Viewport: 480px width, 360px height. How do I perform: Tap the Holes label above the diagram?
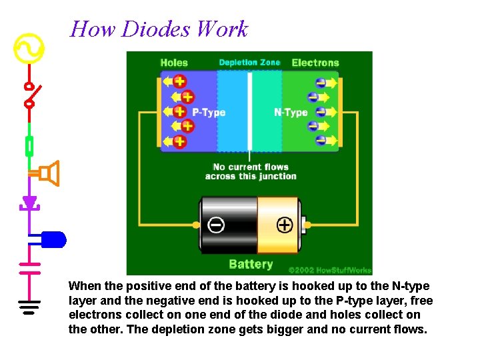174,63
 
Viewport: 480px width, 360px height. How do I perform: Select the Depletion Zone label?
250,63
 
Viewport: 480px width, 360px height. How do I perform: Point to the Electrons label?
315,63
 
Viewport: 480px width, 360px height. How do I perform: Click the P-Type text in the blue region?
209,113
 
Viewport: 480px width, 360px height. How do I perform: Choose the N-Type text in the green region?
291,113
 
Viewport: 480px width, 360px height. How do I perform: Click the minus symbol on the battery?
216,225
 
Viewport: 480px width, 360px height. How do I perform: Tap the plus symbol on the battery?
285,225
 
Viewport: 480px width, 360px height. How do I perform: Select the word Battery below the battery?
251,264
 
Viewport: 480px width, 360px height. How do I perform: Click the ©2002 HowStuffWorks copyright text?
329,270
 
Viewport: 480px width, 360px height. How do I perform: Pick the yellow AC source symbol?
29,49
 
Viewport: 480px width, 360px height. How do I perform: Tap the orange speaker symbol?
49,173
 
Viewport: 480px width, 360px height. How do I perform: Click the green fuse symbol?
29,145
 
